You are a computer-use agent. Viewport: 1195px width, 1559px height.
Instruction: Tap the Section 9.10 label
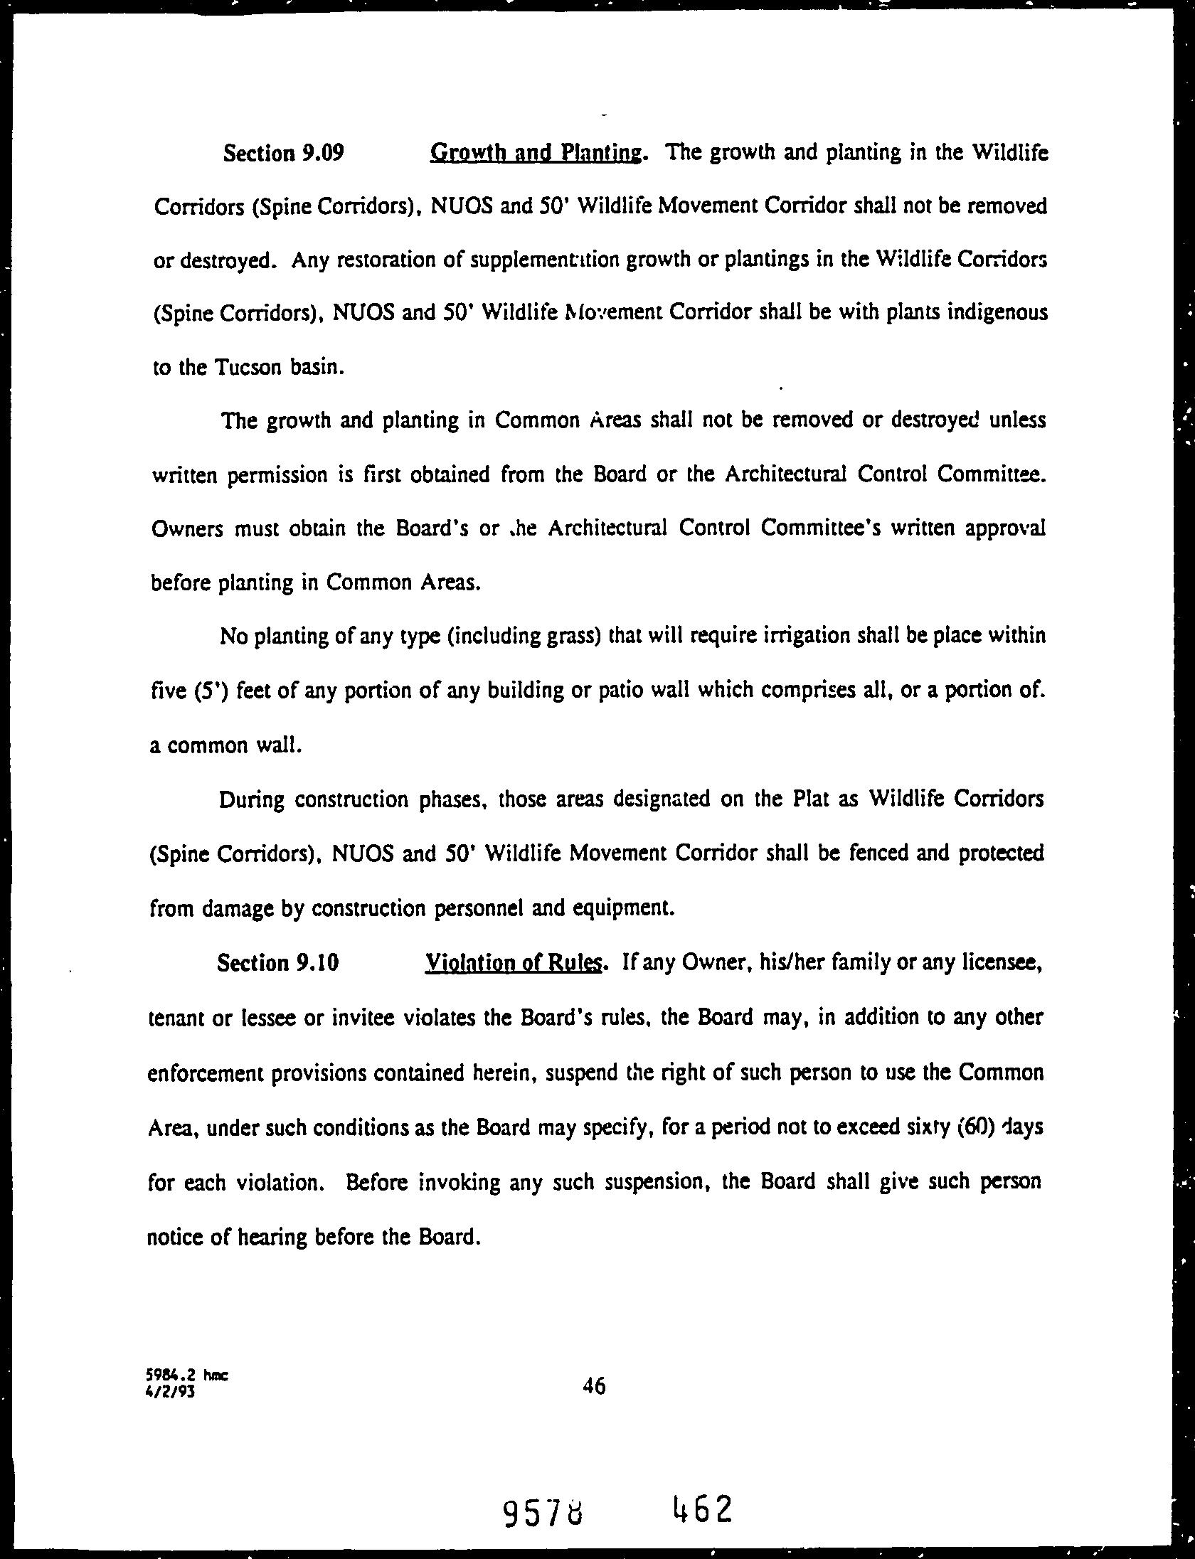(277, 963)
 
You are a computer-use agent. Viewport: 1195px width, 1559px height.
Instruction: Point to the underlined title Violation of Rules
(513, 963)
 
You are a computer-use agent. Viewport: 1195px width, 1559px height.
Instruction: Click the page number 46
(593, 1385)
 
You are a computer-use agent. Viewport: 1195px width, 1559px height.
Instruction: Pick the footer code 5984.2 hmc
(188, 1376)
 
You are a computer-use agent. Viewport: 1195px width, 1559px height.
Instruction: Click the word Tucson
(249, 368)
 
